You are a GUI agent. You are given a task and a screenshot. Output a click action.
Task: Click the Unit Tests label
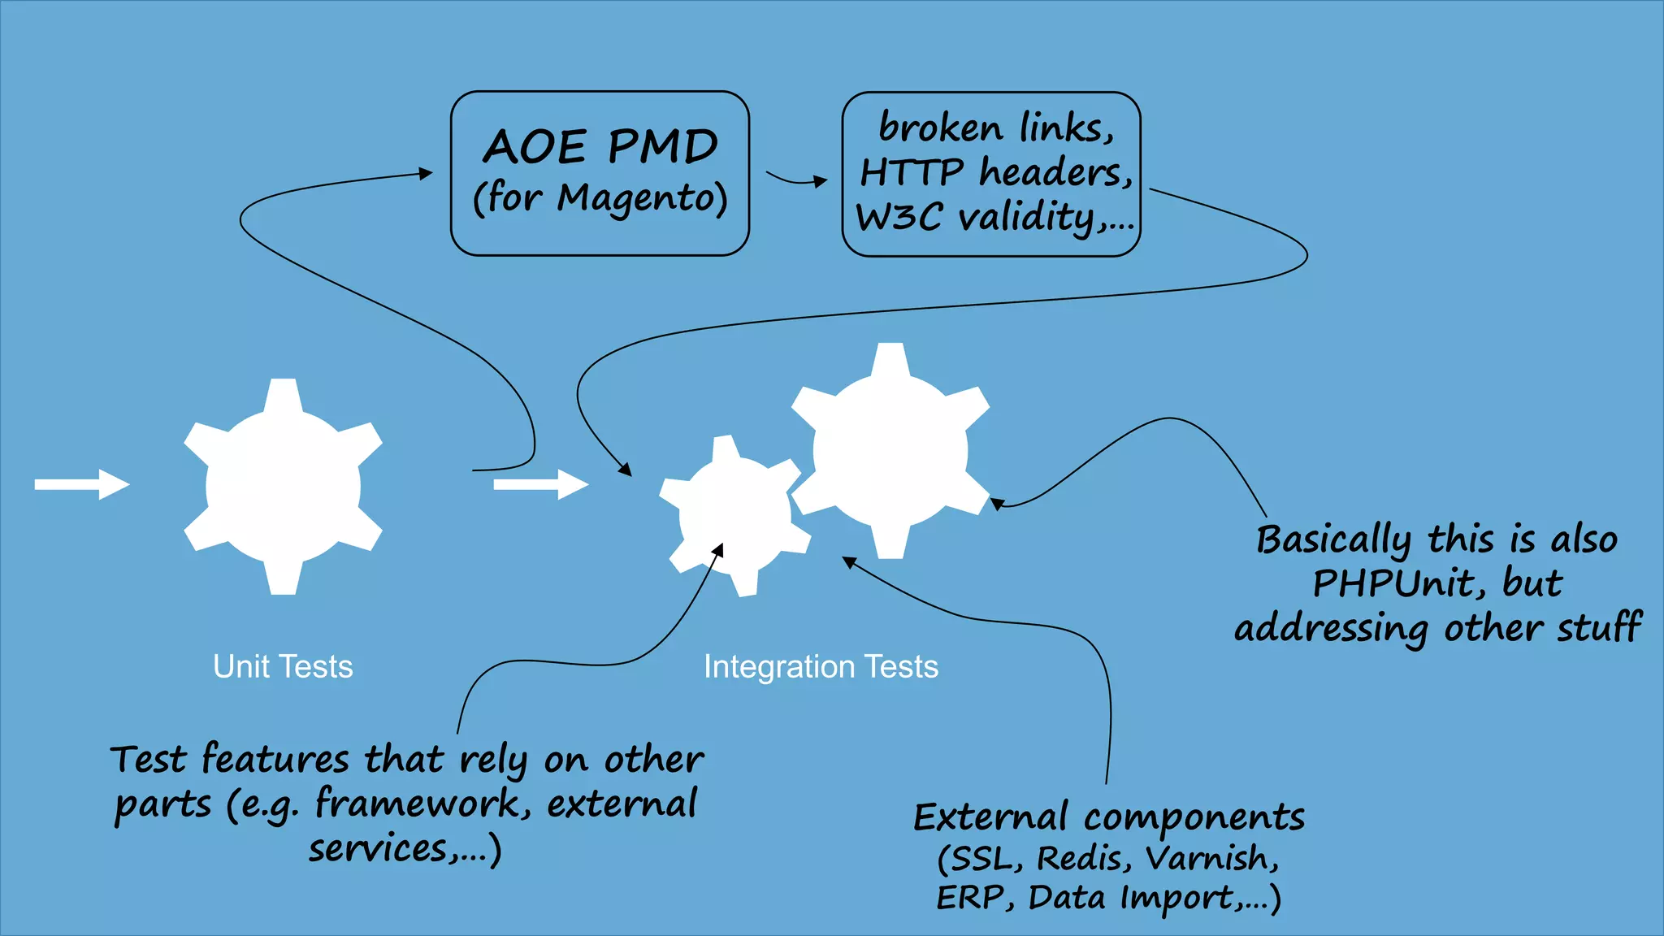point(283,666)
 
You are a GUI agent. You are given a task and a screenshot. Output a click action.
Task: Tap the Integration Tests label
point(821,666)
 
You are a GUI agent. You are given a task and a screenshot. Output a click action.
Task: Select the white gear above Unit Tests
point(283,487)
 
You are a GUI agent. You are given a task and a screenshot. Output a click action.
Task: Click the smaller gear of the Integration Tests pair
point(734,515)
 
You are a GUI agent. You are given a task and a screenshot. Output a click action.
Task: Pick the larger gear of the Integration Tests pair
point(890,451)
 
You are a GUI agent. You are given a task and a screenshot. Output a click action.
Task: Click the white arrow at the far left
point(81,484)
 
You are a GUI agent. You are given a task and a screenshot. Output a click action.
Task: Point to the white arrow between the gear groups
point(540,484)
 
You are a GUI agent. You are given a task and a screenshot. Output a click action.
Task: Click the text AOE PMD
point(600,147)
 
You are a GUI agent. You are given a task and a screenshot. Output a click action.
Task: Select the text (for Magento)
point(600,197)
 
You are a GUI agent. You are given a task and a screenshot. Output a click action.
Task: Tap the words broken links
point(996,128)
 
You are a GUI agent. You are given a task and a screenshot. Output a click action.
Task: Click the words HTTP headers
point(996,172)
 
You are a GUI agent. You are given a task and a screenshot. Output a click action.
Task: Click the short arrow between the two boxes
point(796,180)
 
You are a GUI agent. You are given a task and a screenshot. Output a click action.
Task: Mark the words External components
point(1109,817)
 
